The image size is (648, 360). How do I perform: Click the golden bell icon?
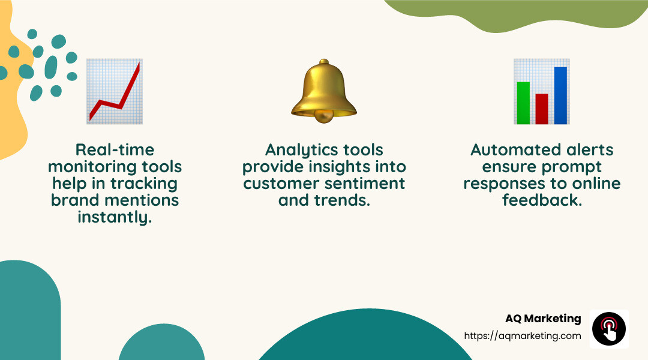coord(324,90)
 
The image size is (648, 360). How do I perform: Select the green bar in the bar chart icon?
coord(523,103)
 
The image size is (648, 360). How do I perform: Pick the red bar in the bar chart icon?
coord(542,109)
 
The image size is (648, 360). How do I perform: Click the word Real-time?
coord(115,149)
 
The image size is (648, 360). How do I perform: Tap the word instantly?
coord(115,217)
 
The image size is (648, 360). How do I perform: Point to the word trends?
coord(340,200)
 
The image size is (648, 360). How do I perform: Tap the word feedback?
coord(542,200)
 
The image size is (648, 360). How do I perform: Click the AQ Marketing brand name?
coord(543,319)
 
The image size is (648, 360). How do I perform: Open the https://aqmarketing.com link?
coord(523,336)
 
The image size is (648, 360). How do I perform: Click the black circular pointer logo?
coord(609,329)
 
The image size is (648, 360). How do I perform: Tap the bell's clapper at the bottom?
coord(324,118)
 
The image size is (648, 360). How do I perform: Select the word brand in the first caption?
coord(74,200)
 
